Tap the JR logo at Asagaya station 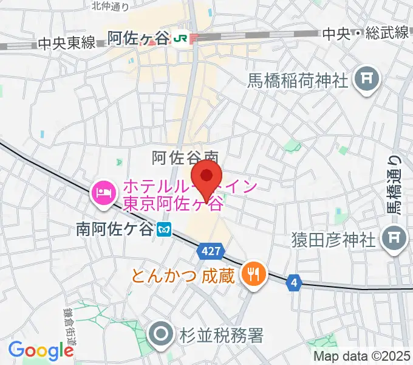point(180,38)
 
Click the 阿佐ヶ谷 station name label point(138,38)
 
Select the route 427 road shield point(212,250)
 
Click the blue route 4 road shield point(295,282)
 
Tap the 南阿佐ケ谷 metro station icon point(163,230)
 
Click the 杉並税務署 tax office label point(222,335)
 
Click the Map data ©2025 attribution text point(362,356)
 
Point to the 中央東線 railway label point(66,43)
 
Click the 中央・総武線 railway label point(366,33)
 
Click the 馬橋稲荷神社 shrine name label point(296,80)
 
